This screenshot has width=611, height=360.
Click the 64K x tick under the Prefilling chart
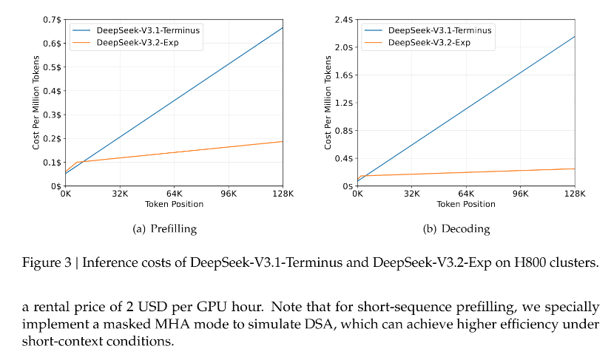click(175, 194)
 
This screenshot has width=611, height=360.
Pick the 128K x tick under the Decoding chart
click(575, 194)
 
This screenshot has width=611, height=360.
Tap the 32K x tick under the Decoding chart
click(412, 194)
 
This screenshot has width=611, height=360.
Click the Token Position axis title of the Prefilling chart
click(174, 204)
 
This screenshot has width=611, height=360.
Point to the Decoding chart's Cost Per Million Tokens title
click(328, 103)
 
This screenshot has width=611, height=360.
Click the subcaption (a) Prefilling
click(164, 229)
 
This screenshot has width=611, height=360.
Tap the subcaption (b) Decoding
click(456, 229)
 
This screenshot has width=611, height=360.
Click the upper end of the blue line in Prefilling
click(283, 27)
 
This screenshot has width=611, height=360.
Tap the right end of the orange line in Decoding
click(575, 169)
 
